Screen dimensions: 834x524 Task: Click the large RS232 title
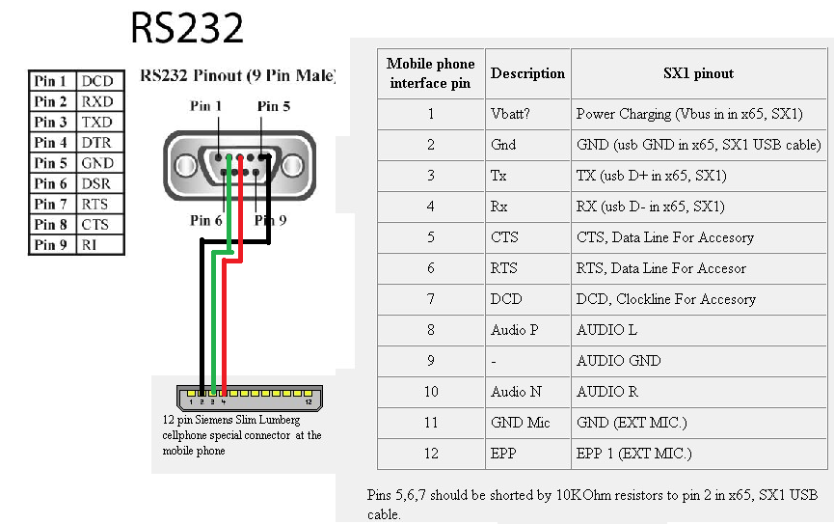tap(187, 28)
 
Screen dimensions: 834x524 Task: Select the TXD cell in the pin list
tap(100, 122)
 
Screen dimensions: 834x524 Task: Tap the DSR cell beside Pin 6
tap(100, 183)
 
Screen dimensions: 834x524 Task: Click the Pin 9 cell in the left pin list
tap(52, 245)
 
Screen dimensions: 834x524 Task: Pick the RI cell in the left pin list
tap(100, 245)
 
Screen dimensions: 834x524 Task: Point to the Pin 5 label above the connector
tap(274, 106)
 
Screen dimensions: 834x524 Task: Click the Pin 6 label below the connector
tap(205, 220)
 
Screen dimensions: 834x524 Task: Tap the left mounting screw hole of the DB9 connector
tap(186, 166)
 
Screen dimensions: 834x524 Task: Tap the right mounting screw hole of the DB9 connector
tap(292, 166)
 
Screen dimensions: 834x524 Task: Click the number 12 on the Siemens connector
tap(309, 401)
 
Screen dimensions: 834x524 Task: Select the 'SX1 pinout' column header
tap(698, 73)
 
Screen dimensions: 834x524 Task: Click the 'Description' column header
tap(527, 73)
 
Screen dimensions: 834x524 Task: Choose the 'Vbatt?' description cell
tap(527, 114)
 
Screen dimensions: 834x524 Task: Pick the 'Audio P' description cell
tap(527, 330)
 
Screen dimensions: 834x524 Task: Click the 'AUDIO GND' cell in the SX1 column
tap(698, 361)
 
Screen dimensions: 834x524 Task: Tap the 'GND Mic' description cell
tap(527, 423)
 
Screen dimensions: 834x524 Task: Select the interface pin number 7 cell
tap(431, 299)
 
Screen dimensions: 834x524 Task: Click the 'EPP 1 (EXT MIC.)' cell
tap(698, 454)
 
